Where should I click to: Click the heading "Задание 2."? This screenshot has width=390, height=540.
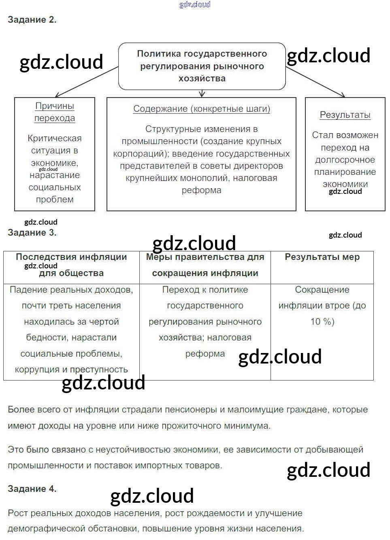tap(32, 19)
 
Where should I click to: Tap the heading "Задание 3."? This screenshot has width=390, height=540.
tap(32, 232)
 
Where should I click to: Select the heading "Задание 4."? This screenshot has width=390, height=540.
tap(32, 489)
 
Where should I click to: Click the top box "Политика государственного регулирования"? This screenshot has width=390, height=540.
tap(202, 66)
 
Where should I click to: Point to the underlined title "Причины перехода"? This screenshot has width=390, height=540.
tap(55, 112)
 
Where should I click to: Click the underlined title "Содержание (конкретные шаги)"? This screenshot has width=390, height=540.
tap(202, 109)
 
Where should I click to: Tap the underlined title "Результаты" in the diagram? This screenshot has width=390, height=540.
tap(345, 115)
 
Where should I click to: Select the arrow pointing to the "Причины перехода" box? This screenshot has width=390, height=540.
tap(85, 82)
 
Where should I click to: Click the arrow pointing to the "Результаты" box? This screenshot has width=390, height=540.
tap(316, 83)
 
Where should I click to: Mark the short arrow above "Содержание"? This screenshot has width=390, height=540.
tap(202, 94)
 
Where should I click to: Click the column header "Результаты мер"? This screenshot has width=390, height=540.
tap(322, 257)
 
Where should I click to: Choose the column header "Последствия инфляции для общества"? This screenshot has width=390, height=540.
tap(71, 265)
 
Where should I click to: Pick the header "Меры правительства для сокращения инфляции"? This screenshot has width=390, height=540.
tap(205, 265)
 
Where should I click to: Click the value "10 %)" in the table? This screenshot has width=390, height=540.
tap(322, 322)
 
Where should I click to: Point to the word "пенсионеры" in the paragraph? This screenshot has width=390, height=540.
tap(194, 410)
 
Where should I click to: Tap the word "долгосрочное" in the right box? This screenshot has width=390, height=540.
tap(345, 160)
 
